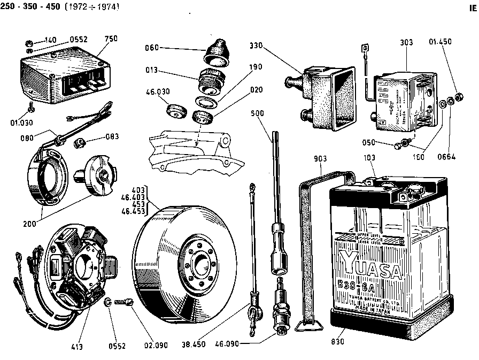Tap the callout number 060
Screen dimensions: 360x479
click(x=152, y=48)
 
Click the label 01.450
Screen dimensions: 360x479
click(x=442, y=42)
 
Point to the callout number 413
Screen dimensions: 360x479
click(x=77, y=346)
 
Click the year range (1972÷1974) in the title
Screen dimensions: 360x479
click(x=92, y=7)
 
